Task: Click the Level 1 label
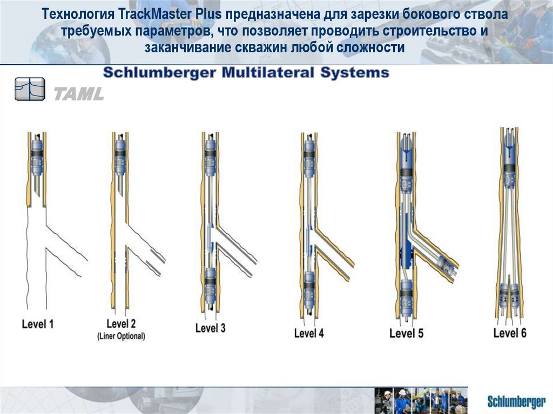(x=38, y=324)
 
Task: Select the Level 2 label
(x=121, y=323)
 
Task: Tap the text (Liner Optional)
(x=121, y=336)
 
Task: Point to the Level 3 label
(x=210, y=328)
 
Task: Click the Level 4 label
(x=309, y=333)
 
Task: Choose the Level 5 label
(x=406, y=333)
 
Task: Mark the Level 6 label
(x=510, y=332)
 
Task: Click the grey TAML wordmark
(x=79, y=94)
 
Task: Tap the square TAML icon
(x=30, y=89)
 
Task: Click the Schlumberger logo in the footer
(x=516, y=402)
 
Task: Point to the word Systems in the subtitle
(x=354, y=73)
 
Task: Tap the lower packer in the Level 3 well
(x=210, y=286)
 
